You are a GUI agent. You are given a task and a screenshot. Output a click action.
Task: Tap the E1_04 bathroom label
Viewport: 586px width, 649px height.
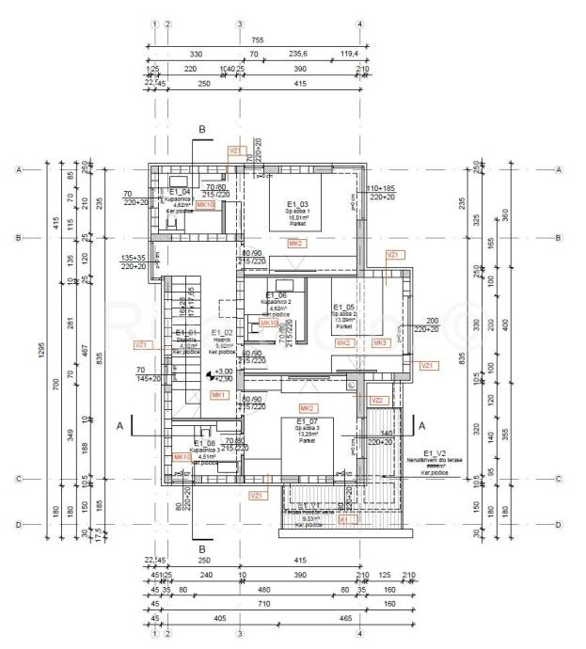click(x=180, y=193)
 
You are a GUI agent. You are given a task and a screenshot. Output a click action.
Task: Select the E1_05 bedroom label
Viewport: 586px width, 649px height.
click(x=344, y=308)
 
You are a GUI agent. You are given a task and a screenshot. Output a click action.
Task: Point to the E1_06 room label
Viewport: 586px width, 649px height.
click(x=277, y=295)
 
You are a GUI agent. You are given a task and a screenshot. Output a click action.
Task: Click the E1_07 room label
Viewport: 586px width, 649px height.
click(x=307, y=420)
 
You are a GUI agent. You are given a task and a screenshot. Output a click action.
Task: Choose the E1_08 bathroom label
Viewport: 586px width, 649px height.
click(x=205, y=443)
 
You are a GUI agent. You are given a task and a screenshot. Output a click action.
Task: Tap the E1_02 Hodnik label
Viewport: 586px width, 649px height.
click(x=222, y=333)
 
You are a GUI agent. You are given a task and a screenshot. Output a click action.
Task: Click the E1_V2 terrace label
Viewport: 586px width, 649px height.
click(x=434, y=452)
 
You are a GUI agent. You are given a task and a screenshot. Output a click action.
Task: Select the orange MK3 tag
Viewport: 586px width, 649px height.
click(x=380, y=343)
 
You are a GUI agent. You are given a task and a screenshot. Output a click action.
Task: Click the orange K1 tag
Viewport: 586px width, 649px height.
click(x=343, y=518)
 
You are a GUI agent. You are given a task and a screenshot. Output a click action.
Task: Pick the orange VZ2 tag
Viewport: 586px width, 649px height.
click(x=377, y=401)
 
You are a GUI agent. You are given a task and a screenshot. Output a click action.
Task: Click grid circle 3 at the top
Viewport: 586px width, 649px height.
click(x=240, y=25)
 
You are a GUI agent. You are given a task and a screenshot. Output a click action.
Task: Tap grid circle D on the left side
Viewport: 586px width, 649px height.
click(x=19, y=525)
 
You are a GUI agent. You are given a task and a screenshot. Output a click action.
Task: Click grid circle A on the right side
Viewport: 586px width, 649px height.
click(x=560, y=170)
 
